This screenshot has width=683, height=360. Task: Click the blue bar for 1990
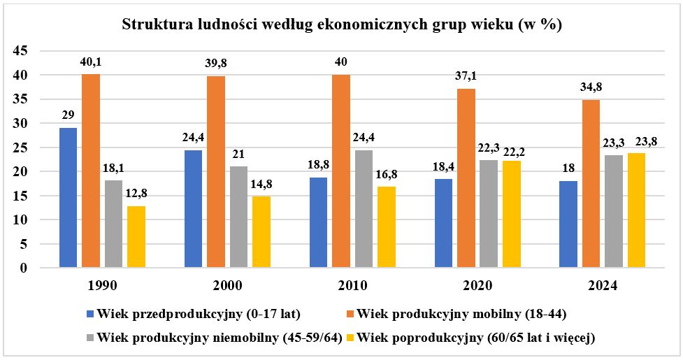(x=68, y=197)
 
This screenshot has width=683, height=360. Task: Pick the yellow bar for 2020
(x=511, y=214)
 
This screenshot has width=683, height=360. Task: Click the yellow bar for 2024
(x=636, y=210)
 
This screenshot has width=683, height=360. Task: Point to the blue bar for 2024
(x=568, y=224)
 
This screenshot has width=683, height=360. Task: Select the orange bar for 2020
(x=466, y=178)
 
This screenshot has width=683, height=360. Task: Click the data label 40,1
(x=92, y=63)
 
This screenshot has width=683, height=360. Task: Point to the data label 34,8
(x=591, y=88)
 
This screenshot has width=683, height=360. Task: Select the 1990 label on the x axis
(x=102, y=286)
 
